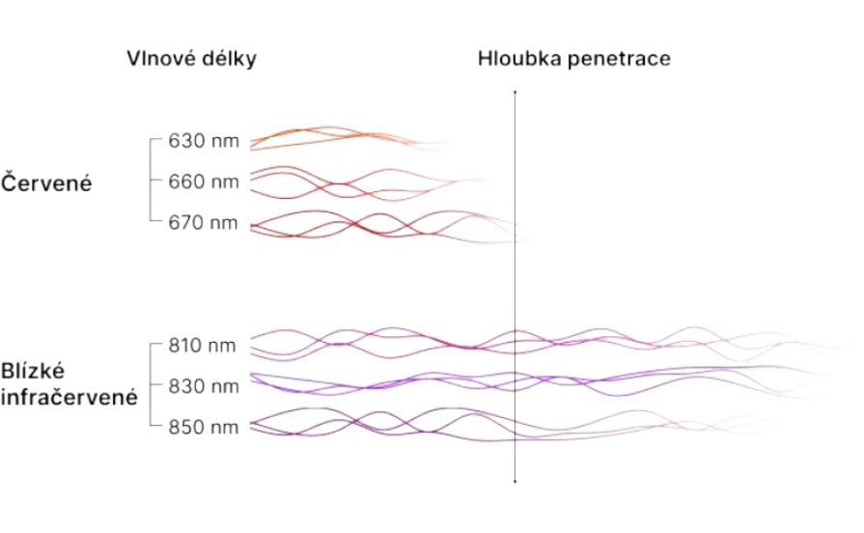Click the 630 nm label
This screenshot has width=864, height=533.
tap(204, 141)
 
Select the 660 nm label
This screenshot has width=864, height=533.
tap(204, 182)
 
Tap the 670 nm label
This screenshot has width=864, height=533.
tap(204, 223)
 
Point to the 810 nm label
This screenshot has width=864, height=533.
tap(202, 346)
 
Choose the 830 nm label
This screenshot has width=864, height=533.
tap(204, 386)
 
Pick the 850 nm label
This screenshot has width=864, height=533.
tap(204, 427)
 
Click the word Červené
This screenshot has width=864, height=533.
tap(46, 182)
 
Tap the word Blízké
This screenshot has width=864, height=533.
tap(33, 371)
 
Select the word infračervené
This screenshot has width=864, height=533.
tap(69, 397)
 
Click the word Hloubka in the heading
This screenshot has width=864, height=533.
tap(519, 59)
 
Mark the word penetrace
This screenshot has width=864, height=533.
tap(620, 60)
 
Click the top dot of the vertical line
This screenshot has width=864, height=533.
tap(516, 92)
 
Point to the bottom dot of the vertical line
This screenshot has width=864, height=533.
tap(516, 482)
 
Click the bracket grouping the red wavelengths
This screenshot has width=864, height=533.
tap(151, 180)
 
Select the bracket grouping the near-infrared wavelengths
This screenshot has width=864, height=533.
tap(151, 384)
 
